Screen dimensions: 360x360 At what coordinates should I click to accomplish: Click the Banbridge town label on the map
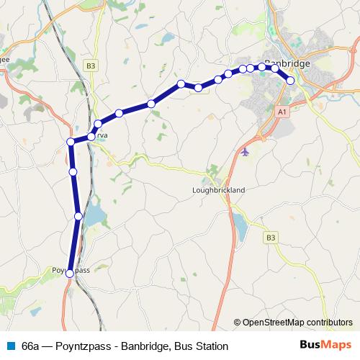pyautogui.click(x=287, y=63)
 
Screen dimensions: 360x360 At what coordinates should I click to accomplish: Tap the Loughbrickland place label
pyautogui.click(x=220, y=190)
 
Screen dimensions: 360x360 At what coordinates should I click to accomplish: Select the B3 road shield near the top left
pyautogui.click(x=90, y=66)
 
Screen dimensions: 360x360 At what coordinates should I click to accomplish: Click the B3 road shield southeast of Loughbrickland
pyautogui.click(x=270, y=237)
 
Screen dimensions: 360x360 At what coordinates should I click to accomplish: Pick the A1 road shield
pyautogui.click(x=282, y=112)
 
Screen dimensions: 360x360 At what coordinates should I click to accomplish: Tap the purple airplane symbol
pyautogui.click(x=247, y=152)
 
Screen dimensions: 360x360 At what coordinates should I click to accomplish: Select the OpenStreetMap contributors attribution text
pyautogui.click(x=297, y=322)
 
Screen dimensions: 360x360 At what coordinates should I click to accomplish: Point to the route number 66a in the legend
pyautogui.click(x=31, y=346)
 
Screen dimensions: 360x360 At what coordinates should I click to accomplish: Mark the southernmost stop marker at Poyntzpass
pyautogui.click(x=69, y=274)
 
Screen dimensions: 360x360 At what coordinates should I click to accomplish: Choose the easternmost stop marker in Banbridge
pyautogui.click(x=291, y=81)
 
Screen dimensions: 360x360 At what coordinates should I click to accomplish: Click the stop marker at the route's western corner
pyautogui.click(x=71, y=142)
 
